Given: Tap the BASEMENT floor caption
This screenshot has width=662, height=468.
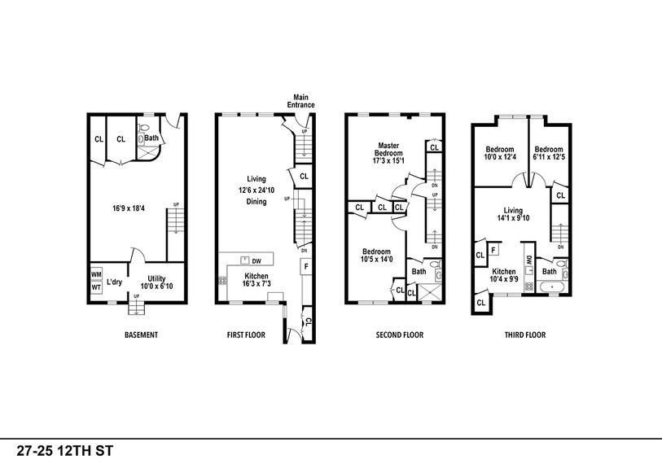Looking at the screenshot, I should [141, 335].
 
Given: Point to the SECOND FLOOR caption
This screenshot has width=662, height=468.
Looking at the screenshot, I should [399, 335].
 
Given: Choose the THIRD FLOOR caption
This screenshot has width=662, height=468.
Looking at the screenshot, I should [524, 335].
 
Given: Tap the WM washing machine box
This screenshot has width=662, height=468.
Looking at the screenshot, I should [96, 274].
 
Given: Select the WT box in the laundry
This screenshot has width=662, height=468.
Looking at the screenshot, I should [96, 286].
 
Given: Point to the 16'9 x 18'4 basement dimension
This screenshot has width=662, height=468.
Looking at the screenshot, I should [130, 209].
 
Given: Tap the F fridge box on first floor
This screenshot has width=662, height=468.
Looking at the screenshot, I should [305, 266].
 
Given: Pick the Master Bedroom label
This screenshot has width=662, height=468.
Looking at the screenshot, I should [388, 153].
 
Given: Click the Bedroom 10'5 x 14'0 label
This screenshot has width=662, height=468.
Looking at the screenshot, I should [377, 256].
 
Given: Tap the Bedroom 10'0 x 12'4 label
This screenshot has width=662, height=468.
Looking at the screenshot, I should [500, 153].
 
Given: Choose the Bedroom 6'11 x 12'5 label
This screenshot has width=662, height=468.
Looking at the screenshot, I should [549, 153].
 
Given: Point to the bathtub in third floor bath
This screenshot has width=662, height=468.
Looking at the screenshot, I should [550, 287].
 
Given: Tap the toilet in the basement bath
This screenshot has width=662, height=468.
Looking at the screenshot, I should [142, 139].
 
